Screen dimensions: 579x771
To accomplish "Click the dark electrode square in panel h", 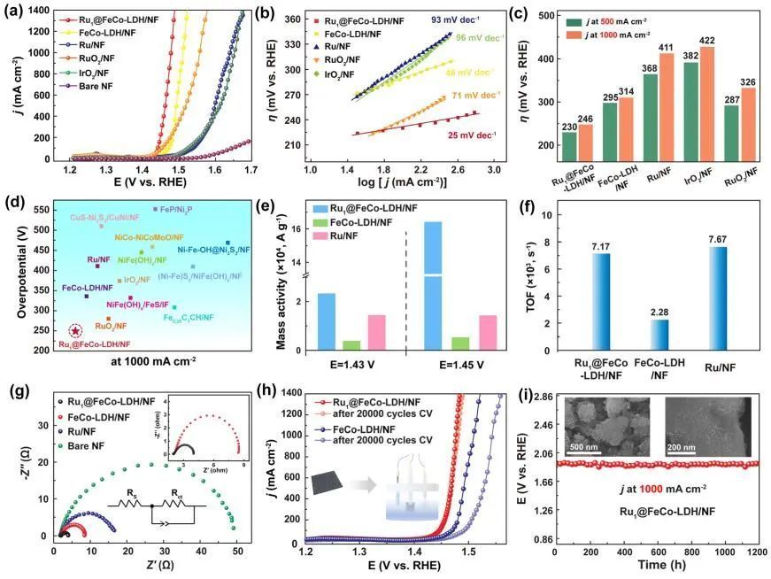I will coord(331,488).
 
